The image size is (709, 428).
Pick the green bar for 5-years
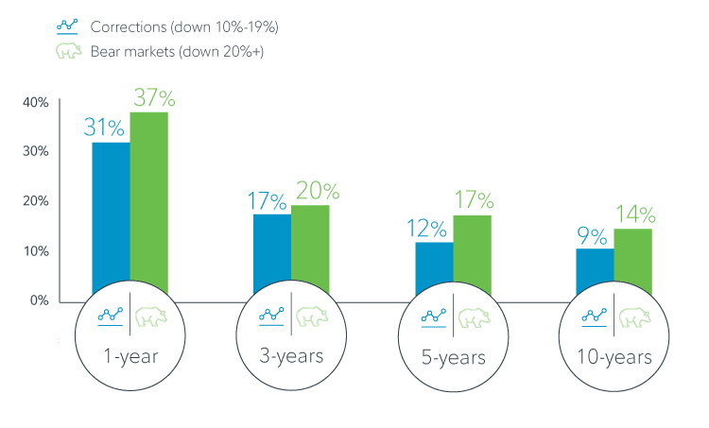point(472,253)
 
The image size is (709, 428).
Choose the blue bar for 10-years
point(595,269)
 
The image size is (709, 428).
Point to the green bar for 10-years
point(632,261)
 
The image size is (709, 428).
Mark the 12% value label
point(433,228)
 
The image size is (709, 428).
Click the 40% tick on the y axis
point(36,102)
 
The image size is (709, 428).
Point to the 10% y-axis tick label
point(36,251)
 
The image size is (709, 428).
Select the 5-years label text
point(454,358)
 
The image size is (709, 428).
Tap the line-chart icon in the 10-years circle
point(595,317)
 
